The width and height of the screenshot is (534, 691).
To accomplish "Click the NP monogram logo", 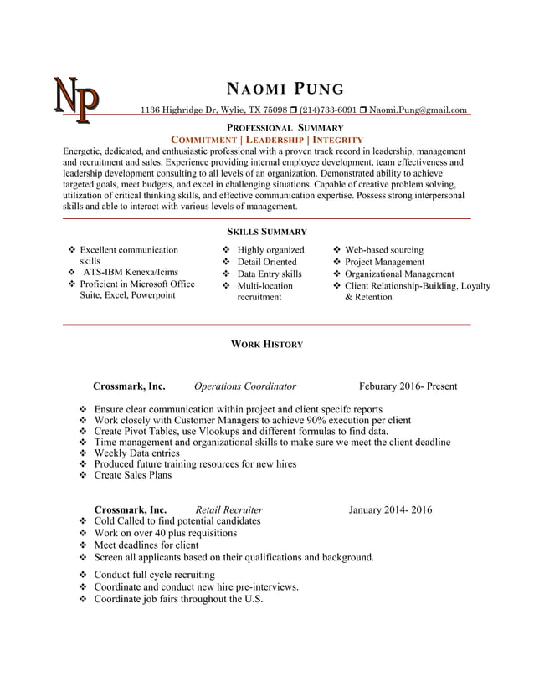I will tap(76, 98).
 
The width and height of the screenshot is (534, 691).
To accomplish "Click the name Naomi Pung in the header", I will tap(285, 90).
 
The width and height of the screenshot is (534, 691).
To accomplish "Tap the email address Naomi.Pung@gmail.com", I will tap(418, 110).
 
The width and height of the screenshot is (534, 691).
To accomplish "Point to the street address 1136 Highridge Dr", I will tap(180, 110).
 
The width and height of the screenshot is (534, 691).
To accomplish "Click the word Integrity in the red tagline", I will tap(337, 139).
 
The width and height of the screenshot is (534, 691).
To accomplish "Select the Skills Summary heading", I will tap(267, 232).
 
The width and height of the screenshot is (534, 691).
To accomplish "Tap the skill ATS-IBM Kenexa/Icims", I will tap(130, 272).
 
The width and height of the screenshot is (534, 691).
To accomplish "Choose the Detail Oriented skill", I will tap(267, 262).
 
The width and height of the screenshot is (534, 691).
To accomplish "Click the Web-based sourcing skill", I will tap(384, 249).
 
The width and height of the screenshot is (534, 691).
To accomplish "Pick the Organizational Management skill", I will tap(399, 274).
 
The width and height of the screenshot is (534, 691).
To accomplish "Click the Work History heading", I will tap(267, 344).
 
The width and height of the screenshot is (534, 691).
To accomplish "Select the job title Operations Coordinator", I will tap(245, 386).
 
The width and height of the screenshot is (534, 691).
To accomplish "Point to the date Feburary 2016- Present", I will tap(408, 386).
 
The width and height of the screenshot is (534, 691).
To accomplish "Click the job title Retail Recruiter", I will tap(228, 509).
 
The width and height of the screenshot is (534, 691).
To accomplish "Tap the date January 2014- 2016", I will tap(390, 509).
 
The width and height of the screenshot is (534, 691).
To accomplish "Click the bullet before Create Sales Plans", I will tap(83, 475).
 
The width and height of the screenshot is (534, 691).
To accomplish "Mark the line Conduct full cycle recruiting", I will tap(154, 575).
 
